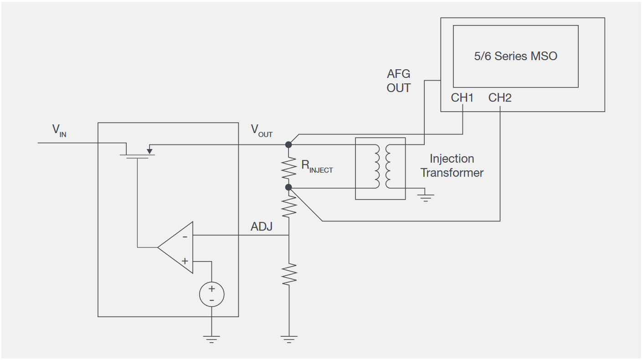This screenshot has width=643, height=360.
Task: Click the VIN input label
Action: tap(59, 131)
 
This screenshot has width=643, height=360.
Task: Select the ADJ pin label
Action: tap(262, 226)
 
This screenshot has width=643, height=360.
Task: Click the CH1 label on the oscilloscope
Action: tap(462, 98)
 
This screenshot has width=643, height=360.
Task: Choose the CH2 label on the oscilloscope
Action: tap(500, 98)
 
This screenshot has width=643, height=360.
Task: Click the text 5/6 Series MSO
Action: tap(515, 56)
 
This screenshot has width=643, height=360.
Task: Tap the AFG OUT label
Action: tap(399, 81)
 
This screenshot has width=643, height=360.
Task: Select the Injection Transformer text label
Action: tap(452, 166)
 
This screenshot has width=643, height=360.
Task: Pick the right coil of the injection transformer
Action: tap(388, 166)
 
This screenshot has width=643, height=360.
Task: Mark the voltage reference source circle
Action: tap(211, 294)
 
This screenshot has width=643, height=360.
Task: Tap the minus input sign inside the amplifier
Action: tap(185, 237)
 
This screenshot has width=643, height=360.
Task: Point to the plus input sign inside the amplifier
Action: tap(185, 261)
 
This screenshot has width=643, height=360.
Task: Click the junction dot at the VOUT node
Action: tap(288, 145)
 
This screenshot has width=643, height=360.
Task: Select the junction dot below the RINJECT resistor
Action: tap(288, 187)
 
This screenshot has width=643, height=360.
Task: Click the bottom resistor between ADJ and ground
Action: tap(288, 274)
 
